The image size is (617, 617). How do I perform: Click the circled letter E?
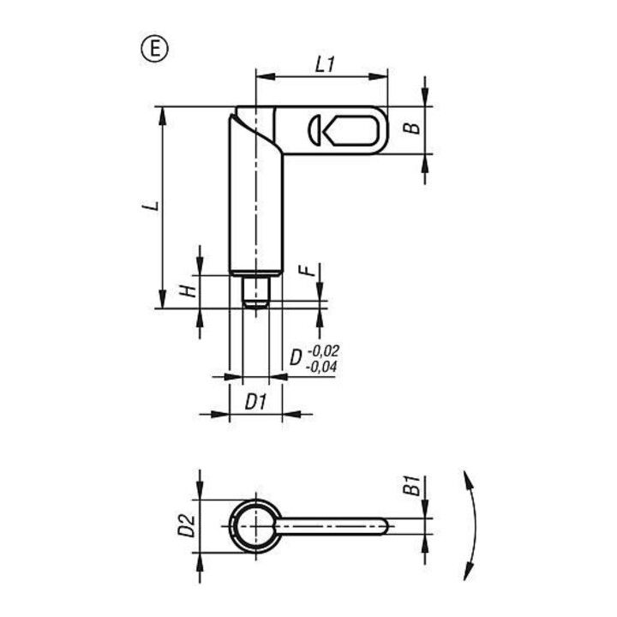[x=154, y=49]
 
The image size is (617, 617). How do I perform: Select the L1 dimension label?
[x=325, y=64]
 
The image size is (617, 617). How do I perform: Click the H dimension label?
[x=188, y=291]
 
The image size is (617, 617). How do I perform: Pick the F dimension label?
[x=308, y=270]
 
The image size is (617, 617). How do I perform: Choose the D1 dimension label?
[x=255, y=402]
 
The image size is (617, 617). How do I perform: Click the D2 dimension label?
[x=186, y=525]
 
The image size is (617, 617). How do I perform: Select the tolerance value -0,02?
[x=323, y=350]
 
